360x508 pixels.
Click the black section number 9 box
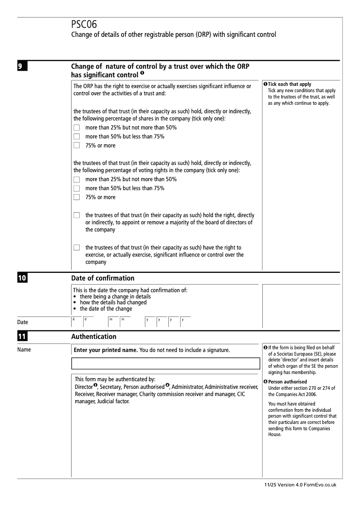click(x=23, y=66)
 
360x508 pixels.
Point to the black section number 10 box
click(x=23, y=278)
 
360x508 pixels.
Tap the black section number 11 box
click(x=23, y=336)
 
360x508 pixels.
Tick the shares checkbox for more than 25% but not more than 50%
click(x=76, y=128)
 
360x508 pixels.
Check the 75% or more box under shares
click(x=76, y=145)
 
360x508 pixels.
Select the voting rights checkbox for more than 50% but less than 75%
click(x=76, y=188)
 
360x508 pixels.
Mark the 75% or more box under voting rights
click(x=76, y=197)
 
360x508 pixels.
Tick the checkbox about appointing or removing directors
click(x=76, y=215)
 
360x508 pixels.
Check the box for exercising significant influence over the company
click(x=76, y=248)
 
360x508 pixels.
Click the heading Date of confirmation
click(x=103, y=278)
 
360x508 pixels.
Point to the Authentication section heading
click(x=94, y=336)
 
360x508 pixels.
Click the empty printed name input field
click(x=166, y=363)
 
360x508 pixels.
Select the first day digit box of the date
click(x=76, y=320)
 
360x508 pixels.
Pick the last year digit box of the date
click(x=185, y=320)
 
